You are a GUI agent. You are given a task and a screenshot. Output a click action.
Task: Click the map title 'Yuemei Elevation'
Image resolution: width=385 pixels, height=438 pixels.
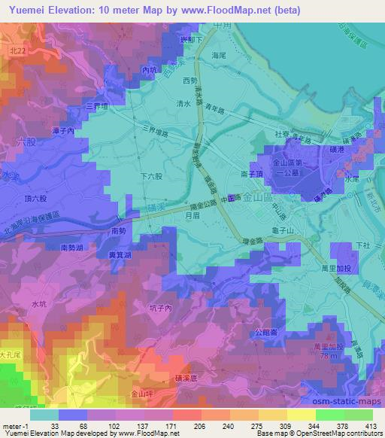(x=50, y=10)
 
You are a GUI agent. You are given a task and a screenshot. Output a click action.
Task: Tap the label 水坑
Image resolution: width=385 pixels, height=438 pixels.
(x=39, y=303)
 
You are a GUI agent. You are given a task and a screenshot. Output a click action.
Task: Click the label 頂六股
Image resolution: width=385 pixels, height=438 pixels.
(x=36, y=199)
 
